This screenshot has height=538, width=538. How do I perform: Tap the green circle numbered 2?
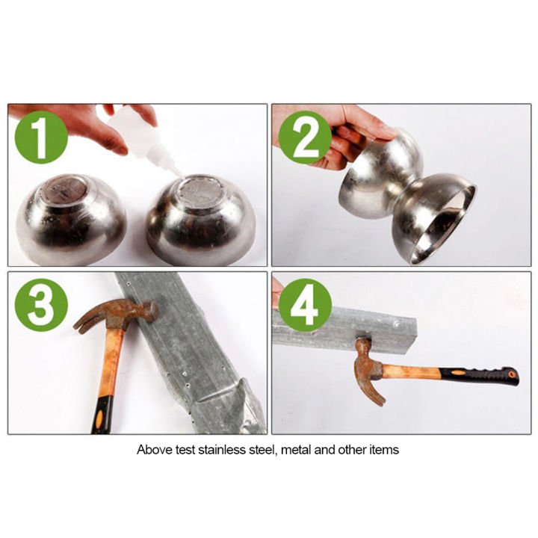[306, 134]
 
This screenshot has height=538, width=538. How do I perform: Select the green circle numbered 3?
[39, 303]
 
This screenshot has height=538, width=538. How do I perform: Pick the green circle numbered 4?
[305, 303]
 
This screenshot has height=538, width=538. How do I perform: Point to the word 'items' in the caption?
[385, 450]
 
